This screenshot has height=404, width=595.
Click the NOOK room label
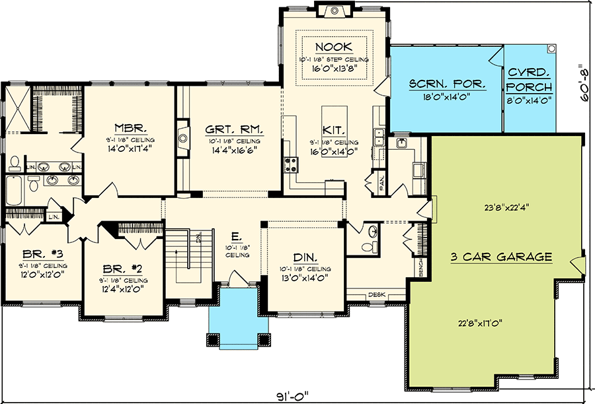click(x=334, y=47)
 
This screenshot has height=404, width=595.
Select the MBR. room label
click(x=125, y=127)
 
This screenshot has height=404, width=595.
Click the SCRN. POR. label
click(x=448, y=84)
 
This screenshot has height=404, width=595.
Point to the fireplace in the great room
click(x=182, y=138)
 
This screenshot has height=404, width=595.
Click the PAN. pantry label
click(x=382, y=184)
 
